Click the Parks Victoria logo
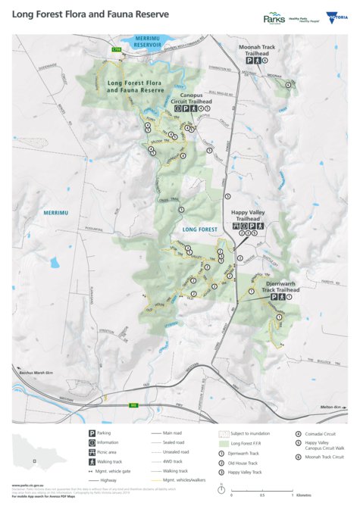tap(274, 18)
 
